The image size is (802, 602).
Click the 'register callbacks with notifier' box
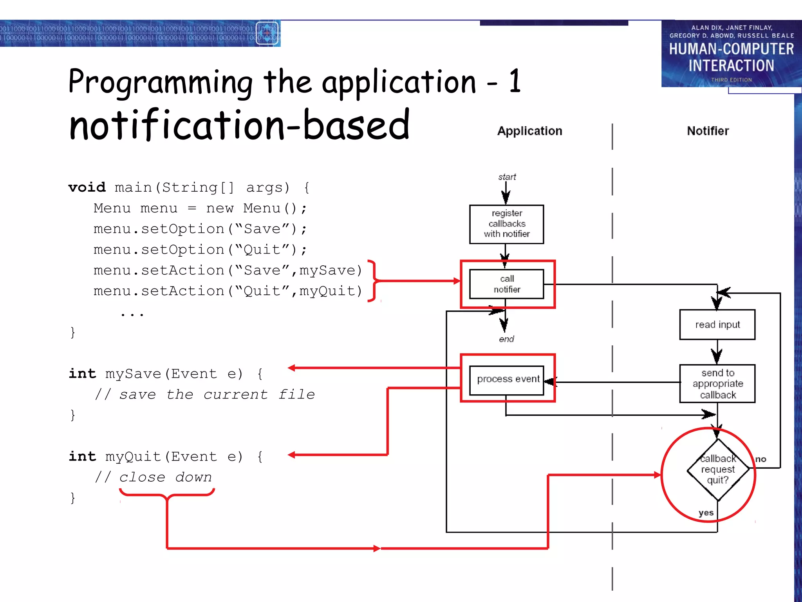pos(506,224)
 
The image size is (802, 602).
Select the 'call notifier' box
pos(506,284)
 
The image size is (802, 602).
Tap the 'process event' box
pos(508,379)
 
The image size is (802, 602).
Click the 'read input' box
pos(717,325)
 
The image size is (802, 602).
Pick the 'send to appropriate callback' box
pos(717,384)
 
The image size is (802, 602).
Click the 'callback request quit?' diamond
pos(718,469)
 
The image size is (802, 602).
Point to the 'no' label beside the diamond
pos(760,459)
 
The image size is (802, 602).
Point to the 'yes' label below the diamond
pos(706,513)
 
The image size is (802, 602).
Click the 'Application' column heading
pos(529,131)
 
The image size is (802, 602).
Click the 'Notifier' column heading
pos(708,131)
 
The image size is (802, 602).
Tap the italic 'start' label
pos(507,177)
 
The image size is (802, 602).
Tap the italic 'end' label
pos(506,339)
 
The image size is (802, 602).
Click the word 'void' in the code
pos(87,187)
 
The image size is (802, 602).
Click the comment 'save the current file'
pos(217,394)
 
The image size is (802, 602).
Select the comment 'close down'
pos(165,477)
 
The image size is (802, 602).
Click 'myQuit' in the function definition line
pos(133,457)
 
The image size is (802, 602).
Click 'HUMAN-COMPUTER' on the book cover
pos(731,49)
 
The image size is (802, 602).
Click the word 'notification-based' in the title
pos(239,125)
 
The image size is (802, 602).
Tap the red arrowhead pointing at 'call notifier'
pos(457,281)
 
